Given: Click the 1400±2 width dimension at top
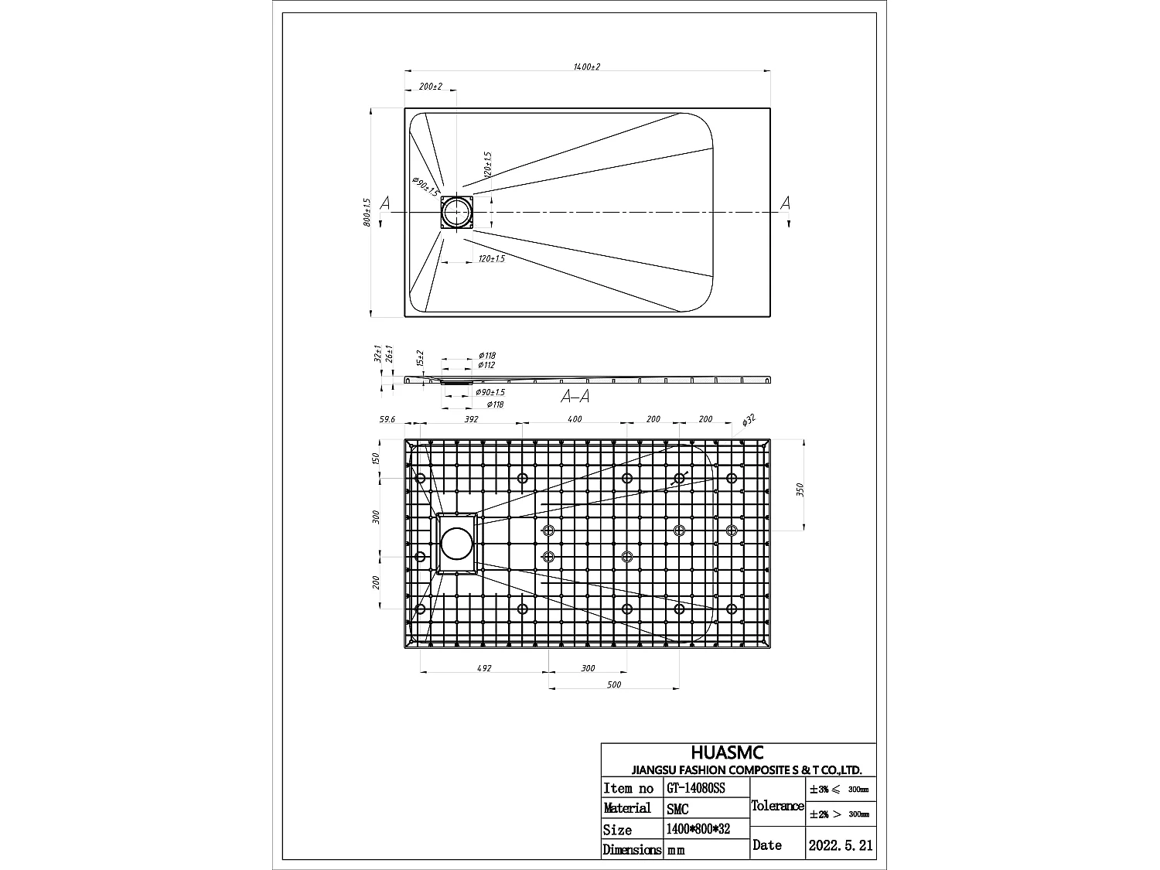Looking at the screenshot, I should click(x=587, y=67).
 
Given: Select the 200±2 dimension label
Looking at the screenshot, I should click(x=430, y=87).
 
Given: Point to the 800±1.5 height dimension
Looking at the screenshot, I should click(x=368, y=212).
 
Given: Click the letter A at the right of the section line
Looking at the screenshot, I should click(x=785, y=203).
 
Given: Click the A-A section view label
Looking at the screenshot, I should click(x=575, y=397).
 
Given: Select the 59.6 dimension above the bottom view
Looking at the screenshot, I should click(x=387, y=420).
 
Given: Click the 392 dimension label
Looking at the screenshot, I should click(x=471, y=420).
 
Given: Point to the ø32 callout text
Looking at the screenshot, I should click(x=748, y=420).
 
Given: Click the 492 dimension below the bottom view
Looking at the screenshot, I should click(x=484, y=668).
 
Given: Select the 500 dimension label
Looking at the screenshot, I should click(x=614, y=684).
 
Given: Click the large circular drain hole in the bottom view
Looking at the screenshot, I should click(x=456, y=544).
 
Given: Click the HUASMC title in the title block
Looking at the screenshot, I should click(x=727, y=752).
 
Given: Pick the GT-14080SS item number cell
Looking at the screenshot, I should click(x=696, y=788).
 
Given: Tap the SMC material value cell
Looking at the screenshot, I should click(x=677, y=809).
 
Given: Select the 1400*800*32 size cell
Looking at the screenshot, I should click(x=697, y=829).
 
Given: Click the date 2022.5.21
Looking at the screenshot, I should click(x=840, y=845).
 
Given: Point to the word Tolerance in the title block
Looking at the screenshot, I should click(x=777, y=806).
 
